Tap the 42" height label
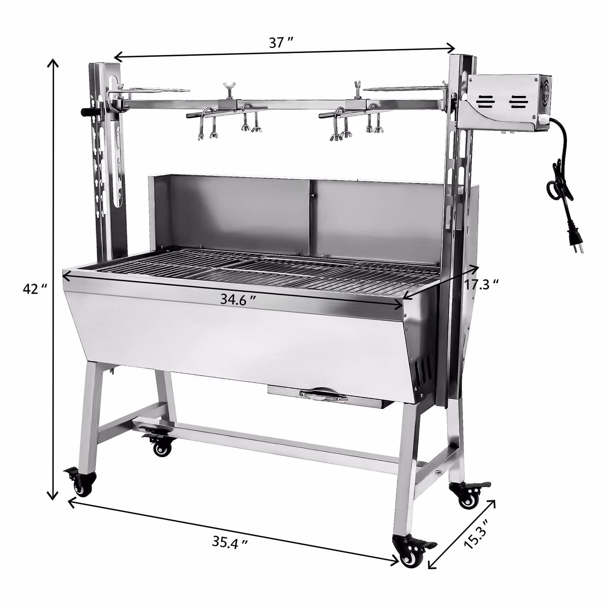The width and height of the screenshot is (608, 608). pyautogui.click(x=35, y=289)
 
